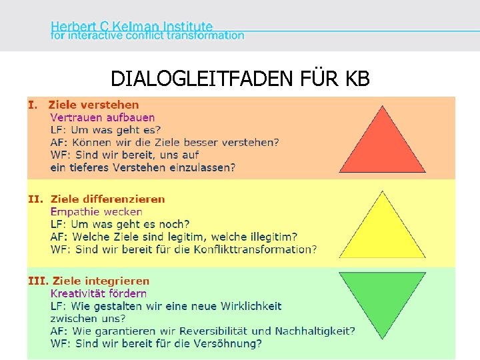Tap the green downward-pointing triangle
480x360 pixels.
click(x=382, y=297)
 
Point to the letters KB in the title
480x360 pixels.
click(x=357, y=79)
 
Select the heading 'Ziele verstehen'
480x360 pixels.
click(x=94, y=105)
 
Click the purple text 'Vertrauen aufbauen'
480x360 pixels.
click(x=103, y=117)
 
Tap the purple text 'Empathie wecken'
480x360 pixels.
click(x=96, y=211)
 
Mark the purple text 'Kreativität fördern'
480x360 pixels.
click(x=99, y=293)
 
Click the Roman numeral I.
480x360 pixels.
click(x=31, y=105)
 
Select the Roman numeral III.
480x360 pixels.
click(x=37, y=281)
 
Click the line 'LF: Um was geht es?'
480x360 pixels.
click(x=105, y=130)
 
